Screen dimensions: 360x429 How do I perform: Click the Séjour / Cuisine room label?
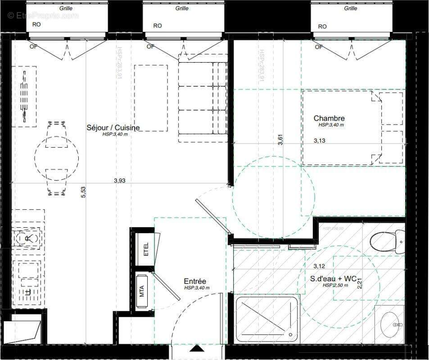tap(113, 128)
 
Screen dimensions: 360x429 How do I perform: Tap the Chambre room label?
tap(329, 118)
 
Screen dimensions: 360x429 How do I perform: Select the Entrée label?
tap(194, 280)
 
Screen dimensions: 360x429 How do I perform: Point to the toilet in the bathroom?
tap(387, 241)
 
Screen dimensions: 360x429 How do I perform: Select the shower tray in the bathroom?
tap(266, 319)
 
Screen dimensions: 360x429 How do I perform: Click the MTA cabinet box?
tap(142, 291)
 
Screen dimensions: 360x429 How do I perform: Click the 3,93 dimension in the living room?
tap(119, 180)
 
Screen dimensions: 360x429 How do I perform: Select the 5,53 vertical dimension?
tap(83, 192)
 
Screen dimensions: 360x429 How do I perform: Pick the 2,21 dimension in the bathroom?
tap(359, 283)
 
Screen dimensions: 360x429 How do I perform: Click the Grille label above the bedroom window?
tap(350, 8)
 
